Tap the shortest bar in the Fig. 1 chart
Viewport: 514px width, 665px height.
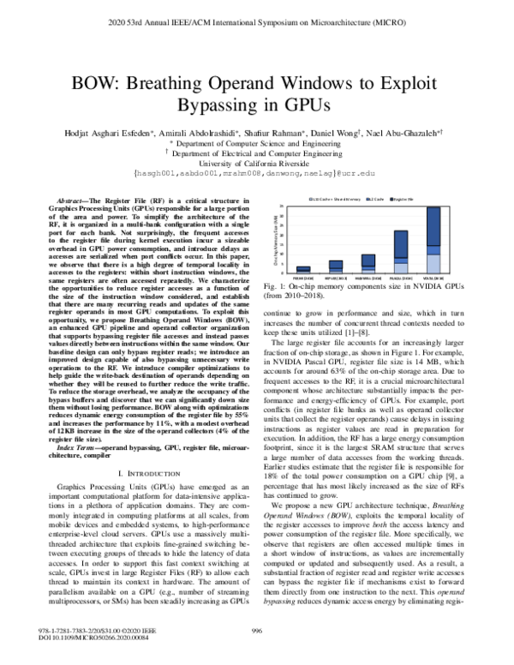point(302,269)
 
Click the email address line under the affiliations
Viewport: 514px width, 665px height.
point(255,173)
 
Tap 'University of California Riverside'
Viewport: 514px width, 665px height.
point(255,161)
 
